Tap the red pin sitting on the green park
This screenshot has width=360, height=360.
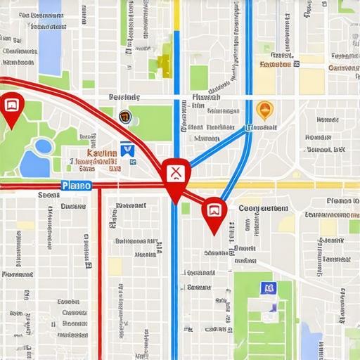[12, 108]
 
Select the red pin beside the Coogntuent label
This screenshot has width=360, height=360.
[214, 210]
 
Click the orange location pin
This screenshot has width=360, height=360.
[264, 110]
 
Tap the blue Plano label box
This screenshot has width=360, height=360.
[76, 186]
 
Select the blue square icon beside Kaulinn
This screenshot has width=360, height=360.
[127, 148]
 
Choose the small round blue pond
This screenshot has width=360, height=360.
[44, 146]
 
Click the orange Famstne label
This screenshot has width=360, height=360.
[275, 64]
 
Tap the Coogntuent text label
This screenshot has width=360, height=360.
[263, 208]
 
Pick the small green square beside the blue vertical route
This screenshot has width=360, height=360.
[186, 208]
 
